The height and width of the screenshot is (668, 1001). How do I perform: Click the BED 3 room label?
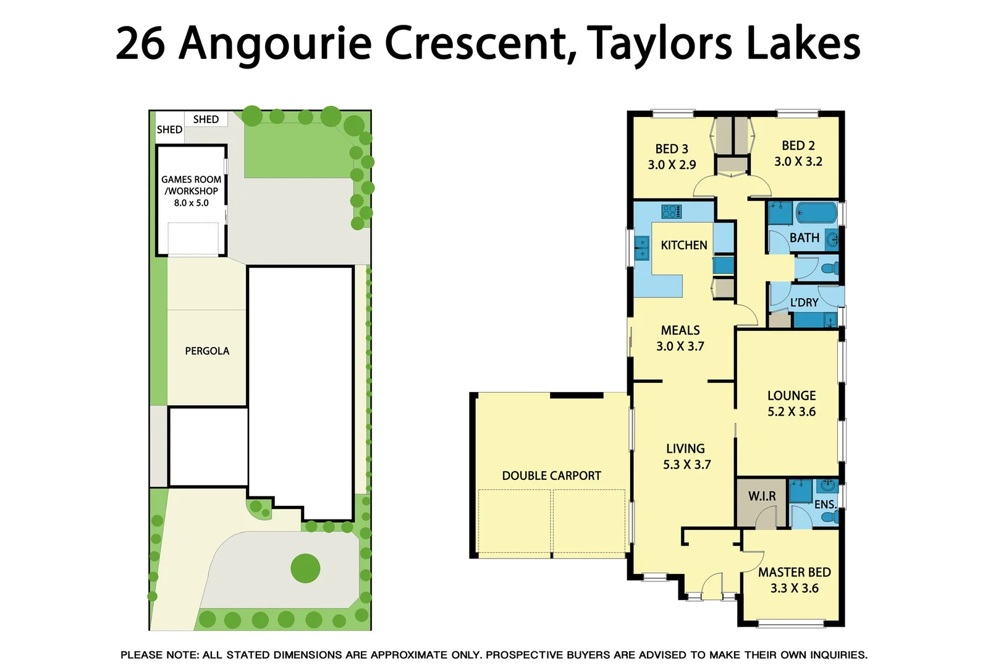[672, 149]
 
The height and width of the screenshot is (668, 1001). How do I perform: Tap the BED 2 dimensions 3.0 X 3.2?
[798, 161]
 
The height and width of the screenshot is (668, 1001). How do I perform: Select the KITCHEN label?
[684, 245]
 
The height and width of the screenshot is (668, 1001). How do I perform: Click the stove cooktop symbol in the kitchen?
[671, 212]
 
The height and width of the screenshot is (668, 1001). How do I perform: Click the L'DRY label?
[804, 302]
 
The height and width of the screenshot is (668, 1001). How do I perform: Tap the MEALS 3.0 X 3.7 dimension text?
[680, 346]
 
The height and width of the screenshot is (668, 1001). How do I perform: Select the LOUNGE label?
[792, 396]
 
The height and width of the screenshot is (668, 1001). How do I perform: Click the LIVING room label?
[685, 448]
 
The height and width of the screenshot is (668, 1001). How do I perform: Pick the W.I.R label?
[762, 496]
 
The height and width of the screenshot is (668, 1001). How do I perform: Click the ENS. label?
[825, 505]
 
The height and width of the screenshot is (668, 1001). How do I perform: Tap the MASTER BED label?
[795, 573]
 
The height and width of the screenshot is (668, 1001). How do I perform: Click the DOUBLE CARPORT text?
[551, 476]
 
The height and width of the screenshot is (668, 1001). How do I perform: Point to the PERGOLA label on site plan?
[207, 351]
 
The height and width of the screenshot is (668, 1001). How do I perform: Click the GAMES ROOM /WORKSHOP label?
[191, 185]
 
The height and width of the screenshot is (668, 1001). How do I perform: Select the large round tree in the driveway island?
[305, 568]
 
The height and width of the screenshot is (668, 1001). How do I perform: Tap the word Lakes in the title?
[803, 43]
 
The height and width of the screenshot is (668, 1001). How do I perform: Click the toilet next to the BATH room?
[832, 268]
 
